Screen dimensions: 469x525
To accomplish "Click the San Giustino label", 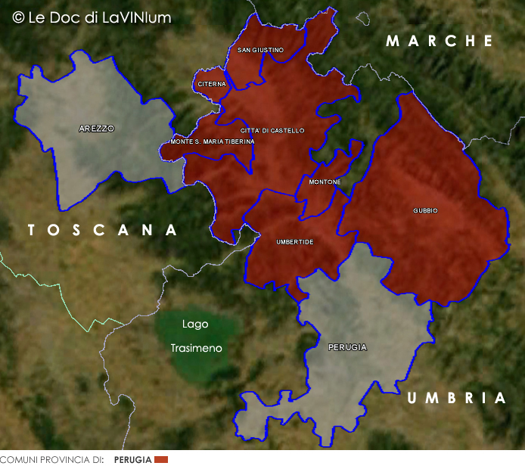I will [x=260, y=50].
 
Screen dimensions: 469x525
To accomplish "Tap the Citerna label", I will [x=212, y=84].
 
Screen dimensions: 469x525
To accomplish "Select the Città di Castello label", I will [x=272, y=131].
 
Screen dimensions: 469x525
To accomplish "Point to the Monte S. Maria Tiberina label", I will [x=213, y=141].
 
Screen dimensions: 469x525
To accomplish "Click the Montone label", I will [x=325, y=182].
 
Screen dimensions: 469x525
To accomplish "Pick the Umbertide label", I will [x=295, y=241].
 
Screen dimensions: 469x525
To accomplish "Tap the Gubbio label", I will [x=425, y=210].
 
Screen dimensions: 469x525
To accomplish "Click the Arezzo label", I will [x=97, y=129].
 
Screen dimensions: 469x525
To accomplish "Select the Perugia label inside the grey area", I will [x=348, y=347].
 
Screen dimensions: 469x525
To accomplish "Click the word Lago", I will [x=195, y=324].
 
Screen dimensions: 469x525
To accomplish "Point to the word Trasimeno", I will [x=197, y=348].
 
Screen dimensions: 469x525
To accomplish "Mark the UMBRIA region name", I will [x=456, y=398].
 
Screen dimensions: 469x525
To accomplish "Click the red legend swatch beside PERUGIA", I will [x=160, y=460].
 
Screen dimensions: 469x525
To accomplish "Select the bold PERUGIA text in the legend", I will [x=132, y=460].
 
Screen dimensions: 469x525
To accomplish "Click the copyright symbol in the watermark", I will [x=18, y=17].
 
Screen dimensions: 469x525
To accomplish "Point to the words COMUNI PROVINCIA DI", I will [x=51, y=460].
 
